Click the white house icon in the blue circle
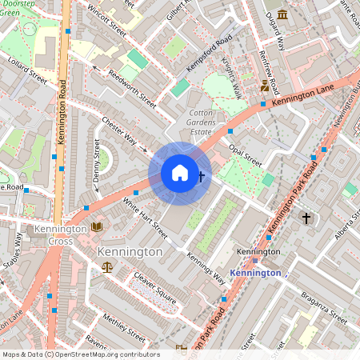click(180, 173)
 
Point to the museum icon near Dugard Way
click(282, 38)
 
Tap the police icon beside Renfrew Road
click(265, 86)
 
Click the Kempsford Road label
click(209, 53)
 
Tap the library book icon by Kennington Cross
click(97, 228)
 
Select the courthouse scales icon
click(107, 270)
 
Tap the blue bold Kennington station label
click(255, 273)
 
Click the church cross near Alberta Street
click(305, 218)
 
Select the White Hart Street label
click(145, 217)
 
